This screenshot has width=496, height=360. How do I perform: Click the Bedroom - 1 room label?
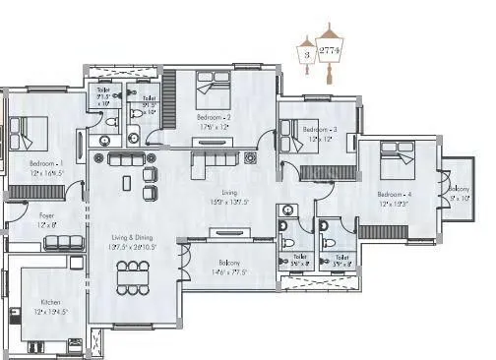pyautogui.click(x=46, y=162)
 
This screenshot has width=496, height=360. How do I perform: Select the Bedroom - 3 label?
pyautogui.click(x=320, y=130)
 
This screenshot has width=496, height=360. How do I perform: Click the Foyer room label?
pyautogui.click(x=46, y=215)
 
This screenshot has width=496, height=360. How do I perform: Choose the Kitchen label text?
pyautogui.click(x=50, y=302)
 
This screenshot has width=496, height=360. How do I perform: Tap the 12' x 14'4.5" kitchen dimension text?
pyautogui.click(x=50, y=312)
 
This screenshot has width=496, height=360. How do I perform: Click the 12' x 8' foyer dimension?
pyautogui.click(x=46, y=225)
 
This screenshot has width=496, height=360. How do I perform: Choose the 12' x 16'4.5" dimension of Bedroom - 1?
pyautogui.click(x=46, y=172)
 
